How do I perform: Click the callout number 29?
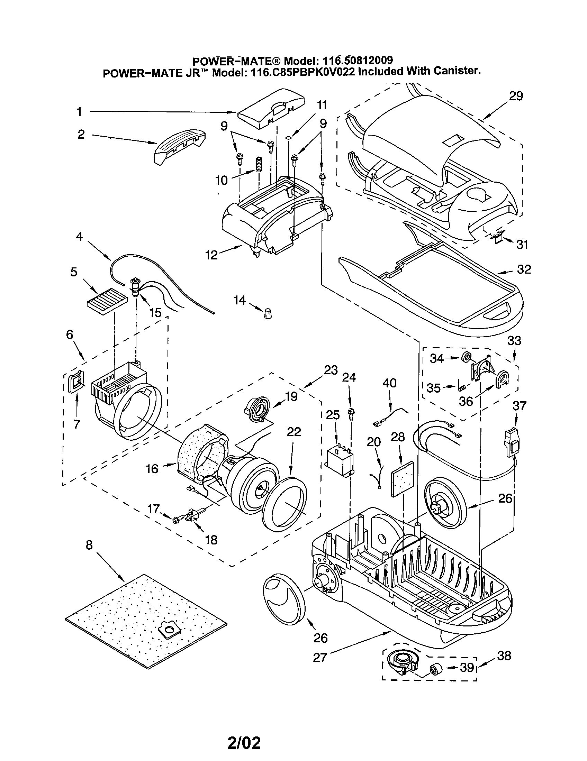[x=516, y=96]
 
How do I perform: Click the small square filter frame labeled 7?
[x=77, y=381]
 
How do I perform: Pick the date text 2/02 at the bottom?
[x=244, y=741]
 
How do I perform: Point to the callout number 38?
[x=504, y=656]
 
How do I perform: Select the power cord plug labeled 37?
[x=511, y=442]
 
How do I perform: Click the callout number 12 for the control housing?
[x=211, y=255]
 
